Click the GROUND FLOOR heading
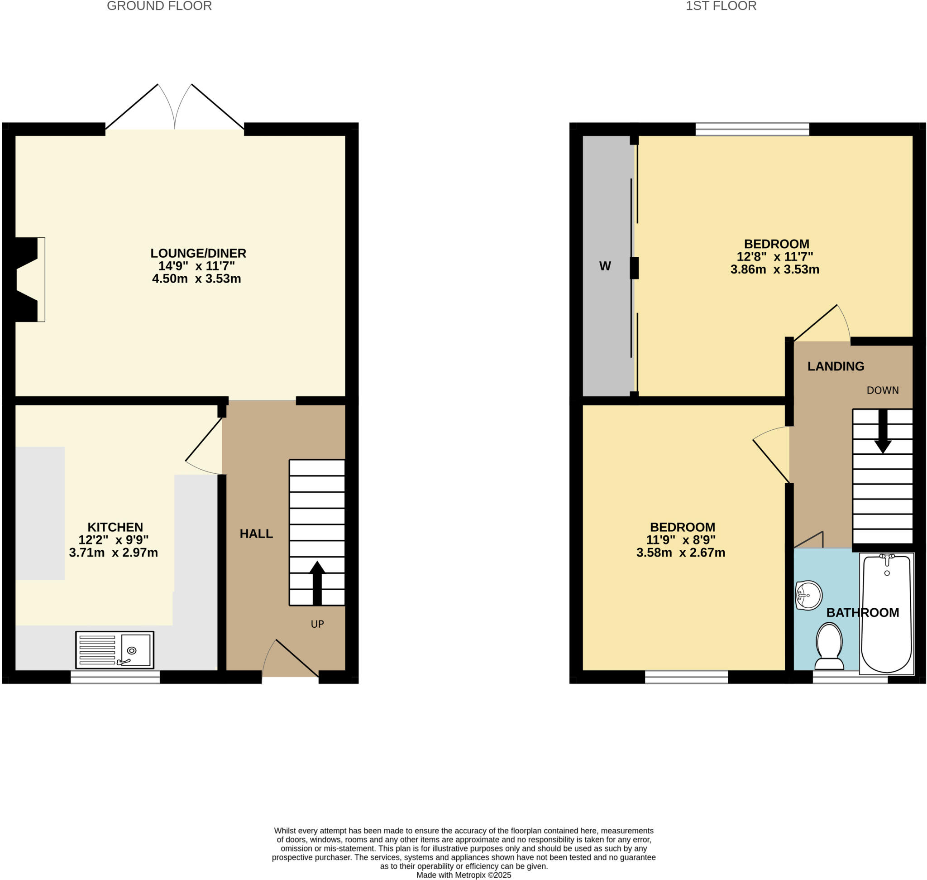[x=159, y=6]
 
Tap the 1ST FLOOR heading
[x=721, y=6]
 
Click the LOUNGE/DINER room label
[x=198, y=253]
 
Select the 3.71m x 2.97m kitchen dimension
[x=114, y=553]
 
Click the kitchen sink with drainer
[x=115, y=650]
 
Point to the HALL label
[x=256, y=534]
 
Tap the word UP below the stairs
[x=317, y=625]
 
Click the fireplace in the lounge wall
[x=28, y=279]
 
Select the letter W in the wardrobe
[x=605, y=266]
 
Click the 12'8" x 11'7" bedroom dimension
[x=774, y=257]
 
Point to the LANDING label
[x=836, y=366]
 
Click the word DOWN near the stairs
[x=883, y=390]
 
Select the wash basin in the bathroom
[x=809, y=596]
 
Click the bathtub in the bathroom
[x=886, y=615]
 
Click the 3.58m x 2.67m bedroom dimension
[x=680, y=553]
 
